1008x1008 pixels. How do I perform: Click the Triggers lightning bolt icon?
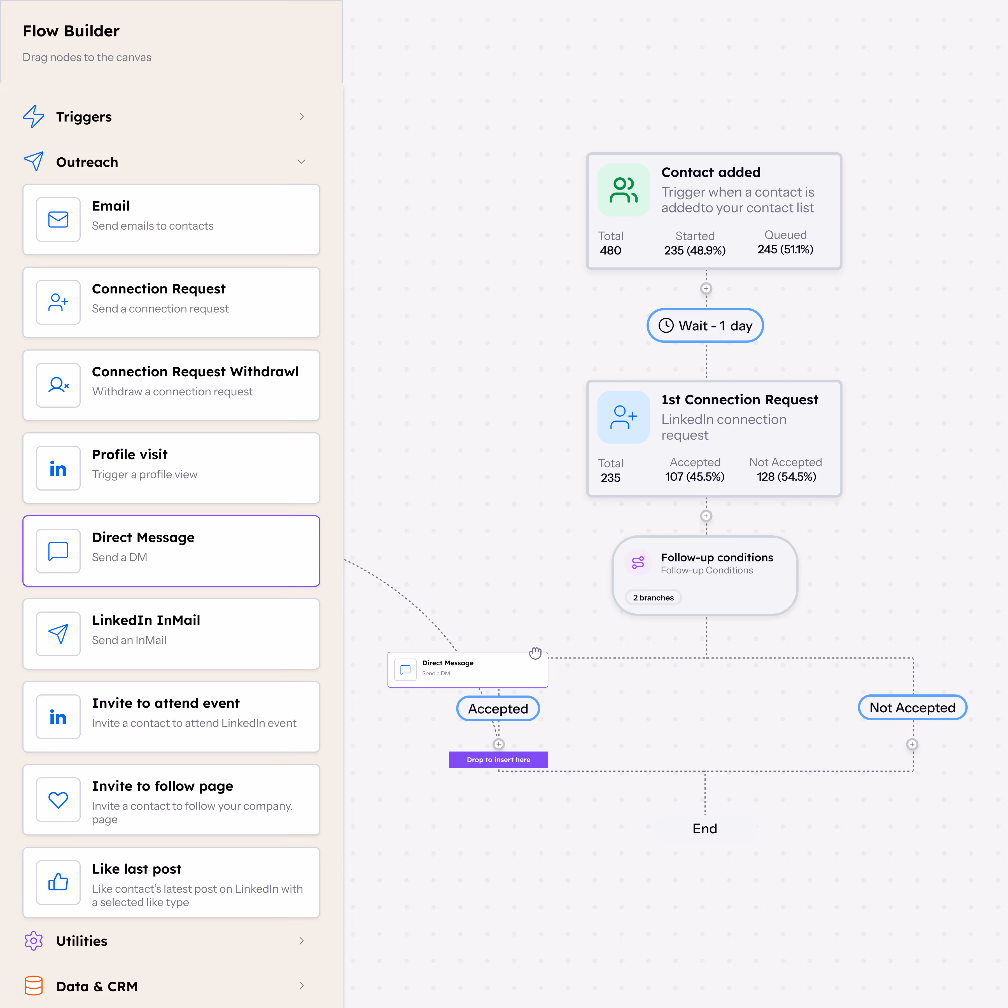pyautogui.click(x=33, y=116)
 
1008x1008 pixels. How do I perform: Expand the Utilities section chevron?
pyautogui.click(x=301, y=941)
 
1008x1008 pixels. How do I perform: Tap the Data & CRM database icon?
pyautogui.click(x=33, y=986)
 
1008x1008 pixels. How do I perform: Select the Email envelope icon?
pyautogui.click(x=58, y=220)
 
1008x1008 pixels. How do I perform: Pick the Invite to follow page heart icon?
pyautogui.click(x=58, y=799)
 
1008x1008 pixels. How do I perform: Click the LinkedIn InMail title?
pyautogui.click(x=146, y=620)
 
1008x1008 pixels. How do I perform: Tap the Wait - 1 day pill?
pyautogui.click(x=705, y=326)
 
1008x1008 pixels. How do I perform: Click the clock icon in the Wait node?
pyautogui.click(x=666, y=326)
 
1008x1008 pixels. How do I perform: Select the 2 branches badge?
pyautogui.click(x=653, y=598)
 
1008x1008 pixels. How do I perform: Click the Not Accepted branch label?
pyautogui.click(x=912, y=708)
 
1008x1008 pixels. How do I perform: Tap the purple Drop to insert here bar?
pyautogui.click(x=498, y=760)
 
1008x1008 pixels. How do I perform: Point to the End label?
pyautogui.click(x=704, y=829)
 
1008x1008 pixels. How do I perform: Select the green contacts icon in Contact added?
pyautogui.click(x=624, y=190)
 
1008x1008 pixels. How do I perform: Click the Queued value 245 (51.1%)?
pyautogui.click(x=785, y=249)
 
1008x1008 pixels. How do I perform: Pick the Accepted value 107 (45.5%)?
pyautogui.click(x=694, y=477)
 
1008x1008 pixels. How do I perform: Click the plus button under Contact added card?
pyautogui.click(x=706, y=288)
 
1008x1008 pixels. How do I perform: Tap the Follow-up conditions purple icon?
pyautogui.click(x=638, y=563)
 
